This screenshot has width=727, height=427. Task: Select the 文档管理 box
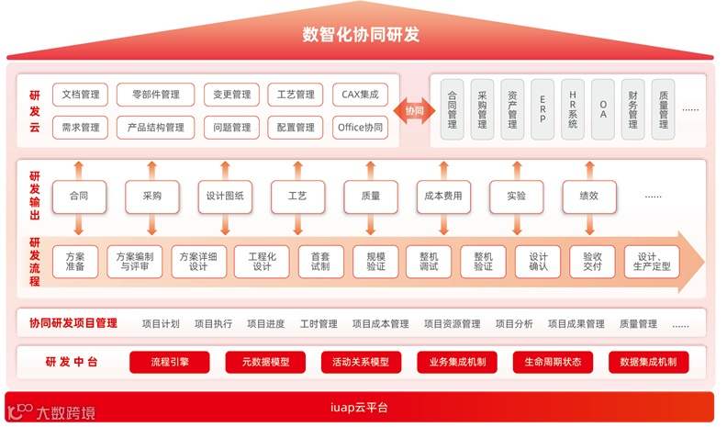pyautogui.click(x=80, y=95)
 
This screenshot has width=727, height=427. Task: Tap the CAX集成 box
pyautogui.click(x=360, y=95)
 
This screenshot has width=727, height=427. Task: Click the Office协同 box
pyautogui.click(x=360, y=128)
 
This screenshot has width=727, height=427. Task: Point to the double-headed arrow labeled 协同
pyautogui.click(x=415, y=110)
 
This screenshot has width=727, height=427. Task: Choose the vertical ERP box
pyautogui.click(x=542, y=109)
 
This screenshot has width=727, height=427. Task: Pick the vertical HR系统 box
pyautogui.click(x=573, y=109)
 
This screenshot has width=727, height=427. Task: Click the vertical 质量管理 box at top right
pyautogui.click(x=663, y=109)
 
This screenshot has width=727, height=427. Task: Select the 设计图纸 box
pyautogui.click(x=224, y=196)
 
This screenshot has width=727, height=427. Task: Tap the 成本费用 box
pyautogui.click(x=443, y=196)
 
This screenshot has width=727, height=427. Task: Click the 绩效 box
pyautogui.click(x=589, y=196)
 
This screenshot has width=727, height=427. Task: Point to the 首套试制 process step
pyautogui.click(x=319, y=262)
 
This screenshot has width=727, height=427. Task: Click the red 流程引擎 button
pyautogui.click(x=169, y=362)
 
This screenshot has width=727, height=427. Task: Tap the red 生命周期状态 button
pyautogui.click(x=553, y=362)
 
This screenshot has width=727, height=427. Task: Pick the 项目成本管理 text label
pyautogui.click(x=380, y=323)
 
